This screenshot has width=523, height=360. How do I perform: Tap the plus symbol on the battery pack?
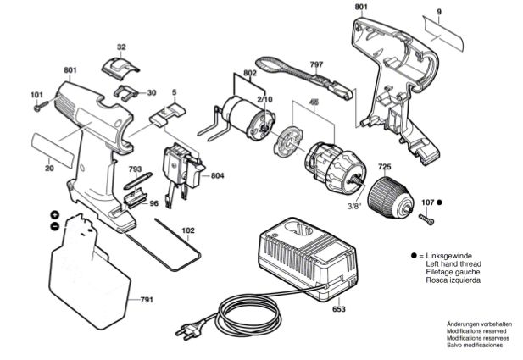click(x=54, y=215)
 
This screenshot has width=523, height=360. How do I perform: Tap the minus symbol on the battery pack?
click(x=54, y=227)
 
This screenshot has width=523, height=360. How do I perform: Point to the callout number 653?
click(x=339, y=310)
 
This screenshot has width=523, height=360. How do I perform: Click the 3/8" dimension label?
click(x=357, y=205)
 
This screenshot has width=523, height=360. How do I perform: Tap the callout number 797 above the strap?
click(x=316, y=64)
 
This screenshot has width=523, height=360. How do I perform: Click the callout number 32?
click(x=121, y=47)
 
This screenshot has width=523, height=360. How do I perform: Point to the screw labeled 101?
click(x=39, y=107)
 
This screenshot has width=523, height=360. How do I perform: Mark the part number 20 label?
click(x=49, y=169)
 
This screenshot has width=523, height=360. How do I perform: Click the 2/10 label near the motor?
click(x=264, y=99)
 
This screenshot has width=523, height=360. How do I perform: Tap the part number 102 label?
click(x=188, y=230)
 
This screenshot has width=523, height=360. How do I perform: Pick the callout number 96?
click(x=153, y=203)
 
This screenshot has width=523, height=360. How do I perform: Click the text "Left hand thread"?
click(x=454, y=263)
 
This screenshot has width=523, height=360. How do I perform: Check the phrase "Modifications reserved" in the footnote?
click(x=476, y=332)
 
